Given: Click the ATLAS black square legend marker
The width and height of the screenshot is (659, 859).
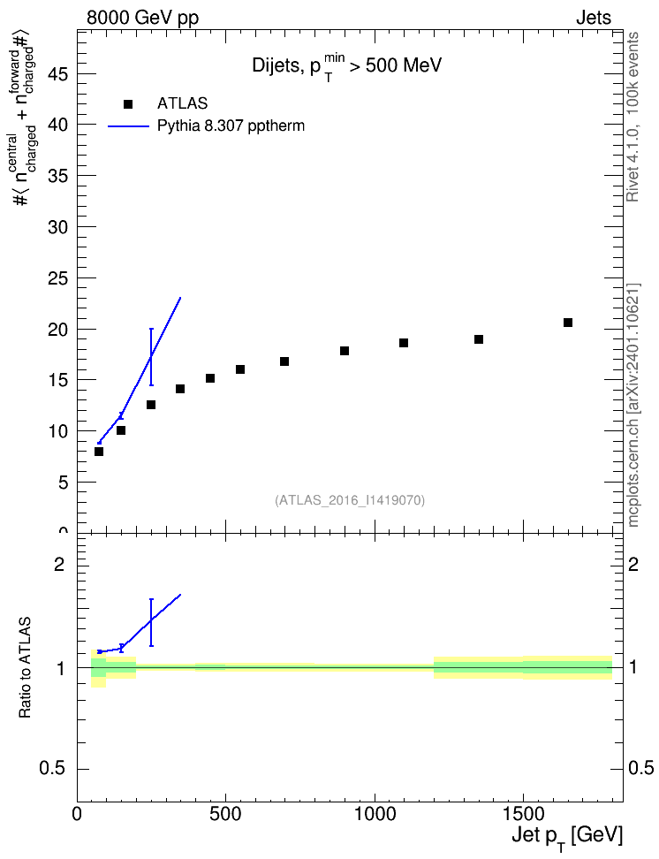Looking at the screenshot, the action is pos(128,104).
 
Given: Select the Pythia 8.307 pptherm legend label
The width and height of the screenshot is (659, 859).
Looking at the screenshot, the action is pos(231,126).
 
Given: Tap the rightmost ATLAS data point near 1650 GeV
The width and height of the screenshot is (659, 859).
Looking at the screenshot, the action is pos(567,323).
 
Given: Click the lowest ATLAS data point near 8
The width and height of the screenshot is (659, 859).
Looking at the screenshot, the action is pos(99,452).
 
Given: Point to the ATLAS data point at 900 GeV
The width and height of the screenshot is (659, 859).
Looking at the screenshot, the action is pos(344,351).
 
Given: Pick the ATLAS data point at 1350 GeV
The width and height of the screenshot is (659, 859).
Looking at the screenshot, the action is pos(478,339).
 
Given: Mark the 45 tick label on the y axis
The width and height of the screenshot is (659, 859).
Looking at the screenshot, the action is pos(57,74).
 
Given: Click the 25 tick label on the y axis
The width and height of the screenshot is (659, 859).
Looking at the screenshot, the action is pos(57,278).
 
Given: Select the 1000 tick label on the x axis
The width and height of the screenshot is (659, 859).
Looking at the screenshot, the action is pos(375,814).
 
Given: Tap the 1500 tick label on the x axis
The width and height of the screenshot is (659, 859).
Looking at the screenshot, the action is pos(523,814).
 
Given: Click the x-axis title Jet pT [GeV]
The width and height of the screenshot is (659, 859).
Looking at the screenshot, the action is pos(567,837).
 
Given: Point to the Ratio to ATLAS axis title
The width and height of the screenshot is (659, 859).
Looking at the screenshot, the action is pos(25,668).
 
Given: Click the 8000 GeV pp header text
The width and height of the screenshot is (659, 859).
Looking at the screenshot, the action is pos(142,18).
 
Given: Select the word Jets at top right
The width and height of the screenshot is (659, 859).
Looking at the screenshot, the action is pos(594,18).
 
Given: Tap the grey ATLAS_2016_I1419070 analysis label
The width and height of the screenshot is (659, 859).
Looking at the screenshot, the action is pos(350,499).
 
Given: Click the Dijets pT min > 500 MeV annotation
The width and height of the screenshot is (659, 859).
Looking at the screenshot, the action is pos(347,66).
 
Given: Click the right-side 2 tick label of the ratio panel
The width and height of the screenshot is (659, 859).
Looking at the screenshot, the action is pos(633,564).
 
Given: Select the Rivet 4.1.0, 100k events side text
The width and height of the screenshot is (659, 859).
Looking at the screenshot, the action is pos(632,117).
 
